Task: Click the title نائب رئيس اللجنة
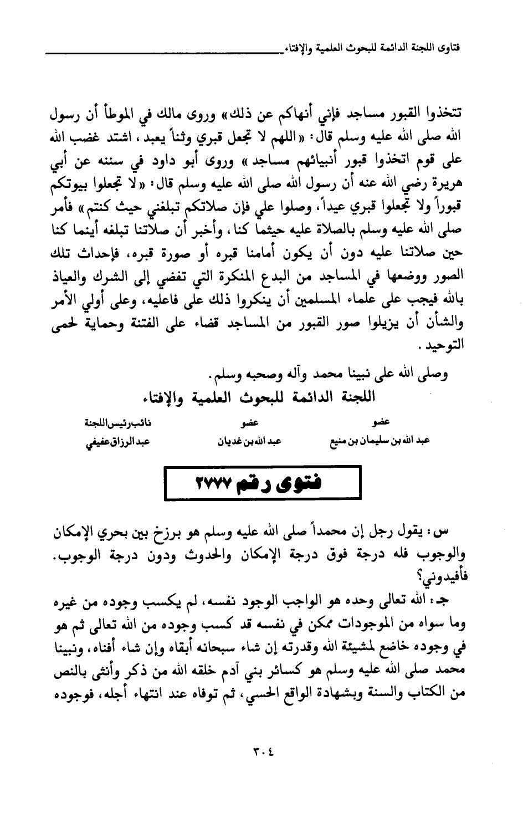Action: coord(122,423)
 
